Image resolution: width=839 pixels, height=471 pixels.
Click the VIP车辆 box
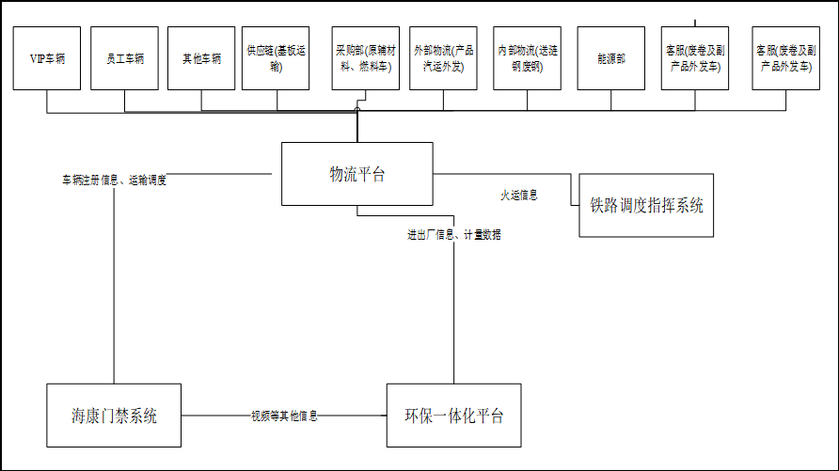(x=46, y=58)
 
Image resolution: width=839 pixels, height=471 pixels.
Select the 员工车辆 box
(x=125, y=58)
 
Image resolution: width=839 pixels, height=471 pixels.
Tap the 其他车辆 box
(x=201, y=58)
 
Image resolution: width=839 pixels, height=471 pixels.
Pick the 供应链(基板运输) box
(x=276, y=58)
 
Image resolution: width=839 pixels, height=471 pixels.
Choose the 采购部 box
(x=366, y=58)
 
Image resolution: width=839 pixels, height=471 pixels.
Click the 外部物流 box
(x=443, y=58)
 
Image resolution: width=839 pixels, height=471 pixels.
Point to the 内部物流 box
(x=527, y=58)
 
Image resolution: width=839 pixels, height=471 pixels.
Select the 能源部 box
(x=611, y=58)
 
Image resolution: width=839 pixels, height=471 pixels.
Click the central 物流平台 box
(x=357, y=174)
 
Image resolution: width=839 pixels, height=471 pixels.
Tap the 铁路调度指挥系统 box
(x=646, y=205)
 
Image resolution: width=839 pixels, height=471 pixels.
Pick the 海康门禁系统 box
(x=114, y=416)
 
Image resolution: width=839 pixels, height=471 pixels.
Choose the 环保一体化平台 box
(x=453, y=416)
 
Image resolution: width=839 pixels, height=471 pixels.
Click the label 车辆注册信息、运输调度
(x=114, y=181)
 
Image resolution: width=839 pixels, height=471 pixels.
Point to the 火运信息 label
(x=519, y=196)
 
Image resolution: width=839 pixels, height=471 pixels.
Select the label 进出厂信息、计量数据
(x=454, y=234)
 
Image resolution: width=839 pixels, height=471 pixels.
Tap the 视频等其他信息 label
(x=284, y=416)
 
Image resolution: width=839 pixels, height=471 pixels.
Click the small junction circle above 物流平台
(x=357, y=110)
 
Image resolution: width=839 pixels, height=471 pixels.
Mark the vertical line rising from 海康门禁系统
(x=114, y=286)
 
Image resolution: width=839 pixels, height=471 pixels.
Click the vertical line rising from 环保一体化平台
(x=453, y=300)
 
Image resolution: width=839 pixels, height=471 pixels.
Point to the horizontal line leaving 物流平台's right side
(x=502, y=174)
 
